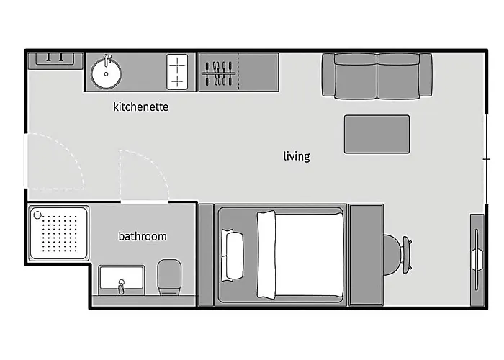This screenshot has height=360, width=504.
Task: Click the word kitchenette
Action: click(141, 107)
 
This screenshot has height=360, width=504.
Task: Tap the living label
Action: click(297, 156)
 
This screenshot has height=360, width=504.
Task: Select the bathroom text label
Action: click(143, 237)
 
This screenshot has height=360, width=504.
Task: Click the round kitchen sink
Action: click(106, 73)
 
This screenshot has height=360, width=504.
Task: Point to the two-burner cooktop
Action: click(177, 72)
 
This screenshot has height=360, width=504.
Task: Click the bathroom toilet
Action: click(169, 277)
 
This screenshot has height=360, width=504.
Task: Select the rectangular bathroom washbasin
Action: click(122, 279)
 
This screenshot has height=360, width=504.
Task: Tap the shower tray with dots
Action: click(59, 233)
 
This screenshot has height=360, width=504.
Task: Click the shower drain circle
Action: click(37, 215)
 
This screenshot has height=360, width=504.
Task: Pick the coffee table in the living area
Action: click(377, 135)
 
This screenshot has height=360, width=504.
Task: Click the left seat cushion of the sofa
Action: click(356, 76)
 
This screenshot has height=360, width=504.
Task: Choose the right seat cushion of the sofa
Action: click(399, 76)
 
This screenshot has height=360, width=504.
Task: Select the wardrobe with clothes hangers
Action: click(238, 72)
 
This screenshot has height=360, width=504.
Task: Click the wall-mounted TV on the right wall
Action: click(477, 259)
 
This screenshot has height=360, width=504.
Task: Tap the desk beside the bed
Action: click(366, 255)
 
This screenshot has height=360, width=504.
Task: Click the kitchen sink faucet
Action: click(107, 60)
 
